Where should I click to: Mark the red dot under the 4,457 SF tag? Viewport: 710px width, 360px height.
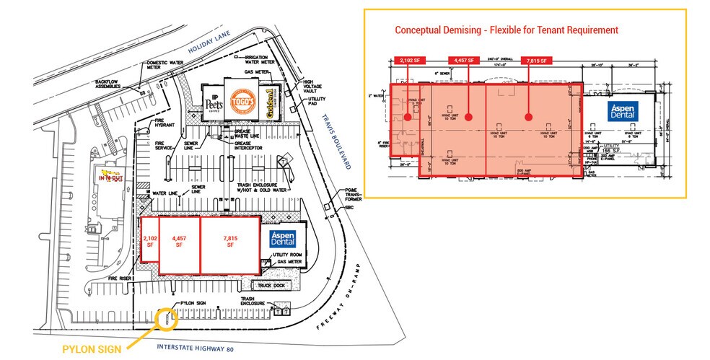pyautogui.click(x=468, y=115)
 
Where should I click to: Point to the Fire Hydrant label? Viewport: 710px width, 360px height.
pyautogui.click(x=162, y=123)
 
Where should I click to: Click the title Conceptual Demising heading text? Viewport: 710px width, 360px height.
pyautogui.click(x=506, y=30)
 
